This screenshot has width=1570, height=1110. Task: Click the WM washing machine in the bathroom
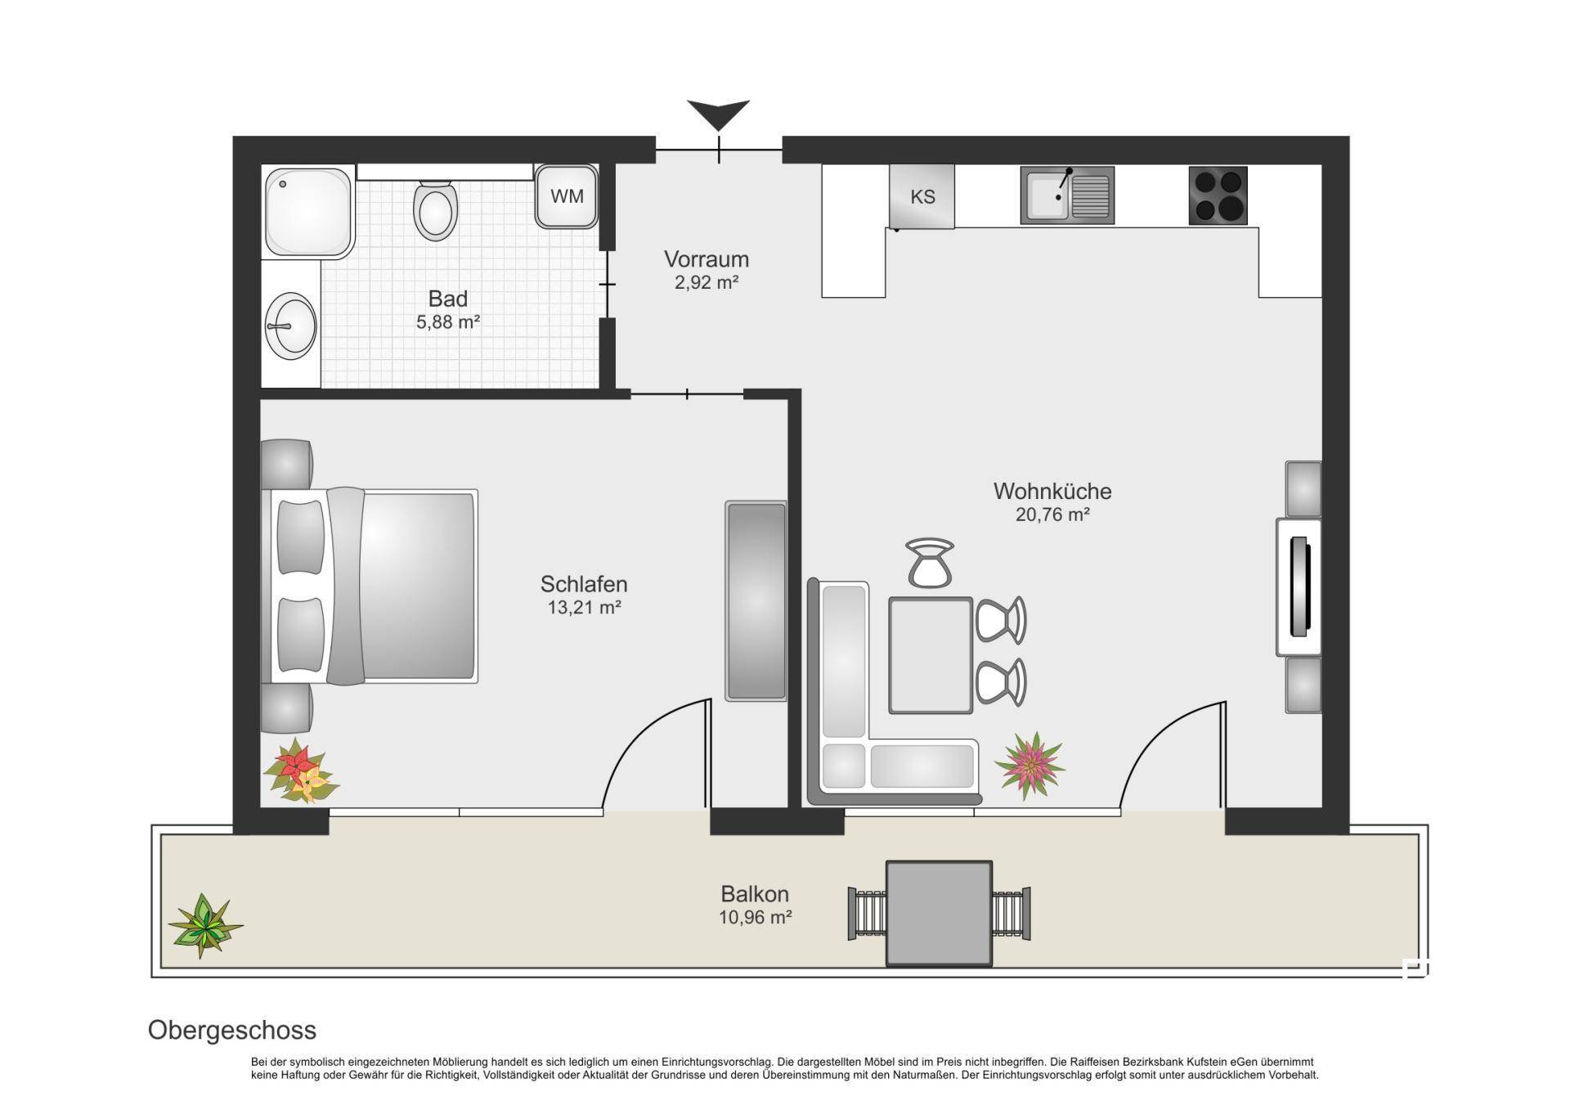(x=567, y=196)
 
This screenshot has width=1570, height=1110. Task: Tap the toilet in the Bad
(x=435, y=210)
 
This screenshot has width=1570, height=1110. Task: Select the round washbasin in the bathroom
(x=290, y=326)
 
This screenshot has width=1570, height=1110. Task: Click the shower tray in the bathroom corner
(x=309, y=212)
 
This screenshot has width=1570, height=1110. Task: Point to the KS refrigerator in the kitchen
(x=922, y=196)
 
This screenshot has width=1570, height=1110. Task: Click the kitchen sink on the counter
(x=1067, y=195)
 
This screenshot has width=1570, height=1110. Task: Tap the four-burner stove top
(x=1218, y=195)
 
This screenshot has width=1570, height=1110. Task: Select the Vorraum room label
(x=706, y=259)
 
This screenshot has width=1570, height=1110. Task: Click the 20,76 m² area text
(x=1052, y=515)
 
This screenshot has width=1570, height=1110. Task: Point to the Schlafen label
(x=584, y=584)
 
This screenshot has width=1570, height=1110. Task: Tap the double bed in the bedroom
(x=370, y=586)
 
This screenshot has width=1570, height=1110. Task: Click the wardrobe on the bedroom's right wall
(x=756, y=601)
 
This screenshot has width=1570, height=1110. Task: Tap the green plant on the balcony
(x=204, y=925)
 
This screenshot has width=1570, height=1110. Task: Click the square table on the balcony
(x=940, y=913)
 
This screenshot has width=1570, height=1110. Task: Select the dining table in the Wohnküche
(x=931, y=655)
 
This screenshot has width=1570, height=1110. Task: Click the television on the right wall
(x=1299, y=586)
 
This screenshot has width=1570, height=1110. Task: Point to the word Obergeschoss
(x=232, y=1030)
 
